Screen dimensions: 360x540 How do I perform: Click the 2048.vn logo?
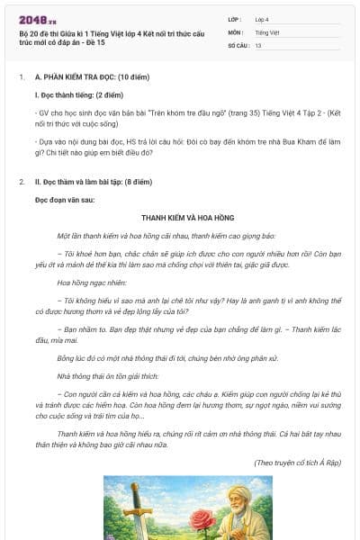point(39,20)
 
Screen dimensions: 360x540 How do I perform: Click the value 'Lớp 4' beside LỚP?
point(262,19)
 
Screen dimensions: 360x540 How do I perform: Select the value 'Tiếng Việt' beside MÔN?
point(266,31)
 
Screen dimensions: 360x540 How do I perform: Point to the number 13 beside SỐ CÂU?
point(258,45)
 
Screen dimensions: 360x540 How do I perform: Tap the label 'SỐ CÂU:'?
point(238,45)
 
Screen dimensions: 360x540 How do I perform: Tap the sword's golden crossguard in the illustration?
point(138,512)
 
